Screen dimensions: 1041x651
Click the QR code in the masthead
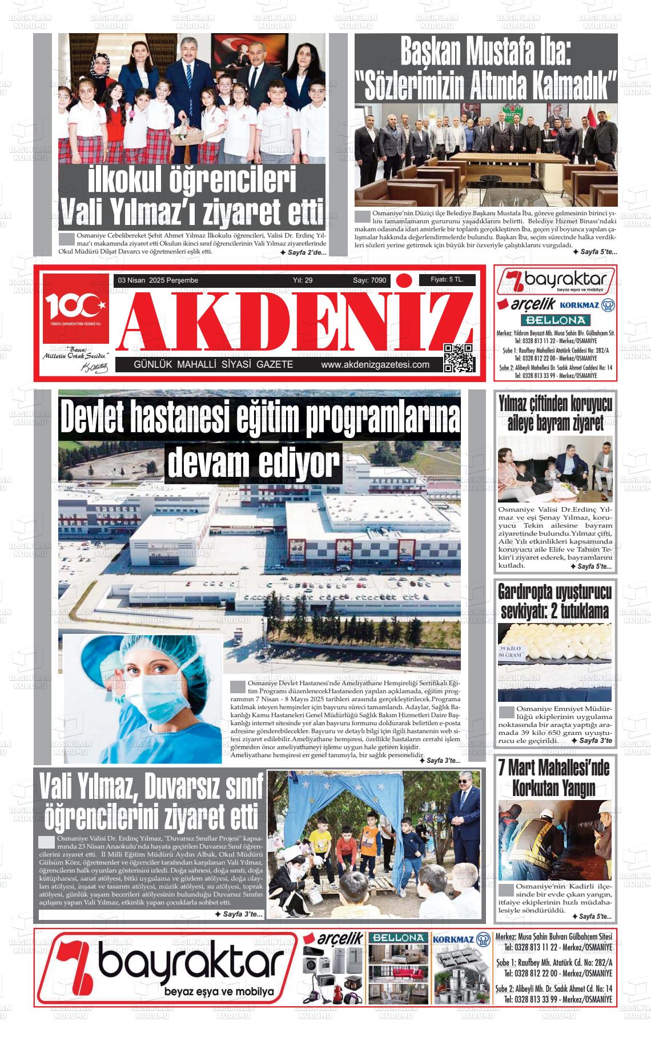click(459, 359)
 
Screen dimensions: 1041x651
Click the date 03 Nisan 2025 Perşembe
click(158, 280)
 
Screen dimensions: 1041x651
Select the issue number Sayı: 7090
click(369, 280)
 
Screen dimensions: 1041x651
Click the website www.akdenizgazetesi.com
click(375, 365)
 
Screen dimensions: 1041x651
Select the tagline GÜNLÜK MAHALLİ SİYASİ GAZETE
click(213, 365)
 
